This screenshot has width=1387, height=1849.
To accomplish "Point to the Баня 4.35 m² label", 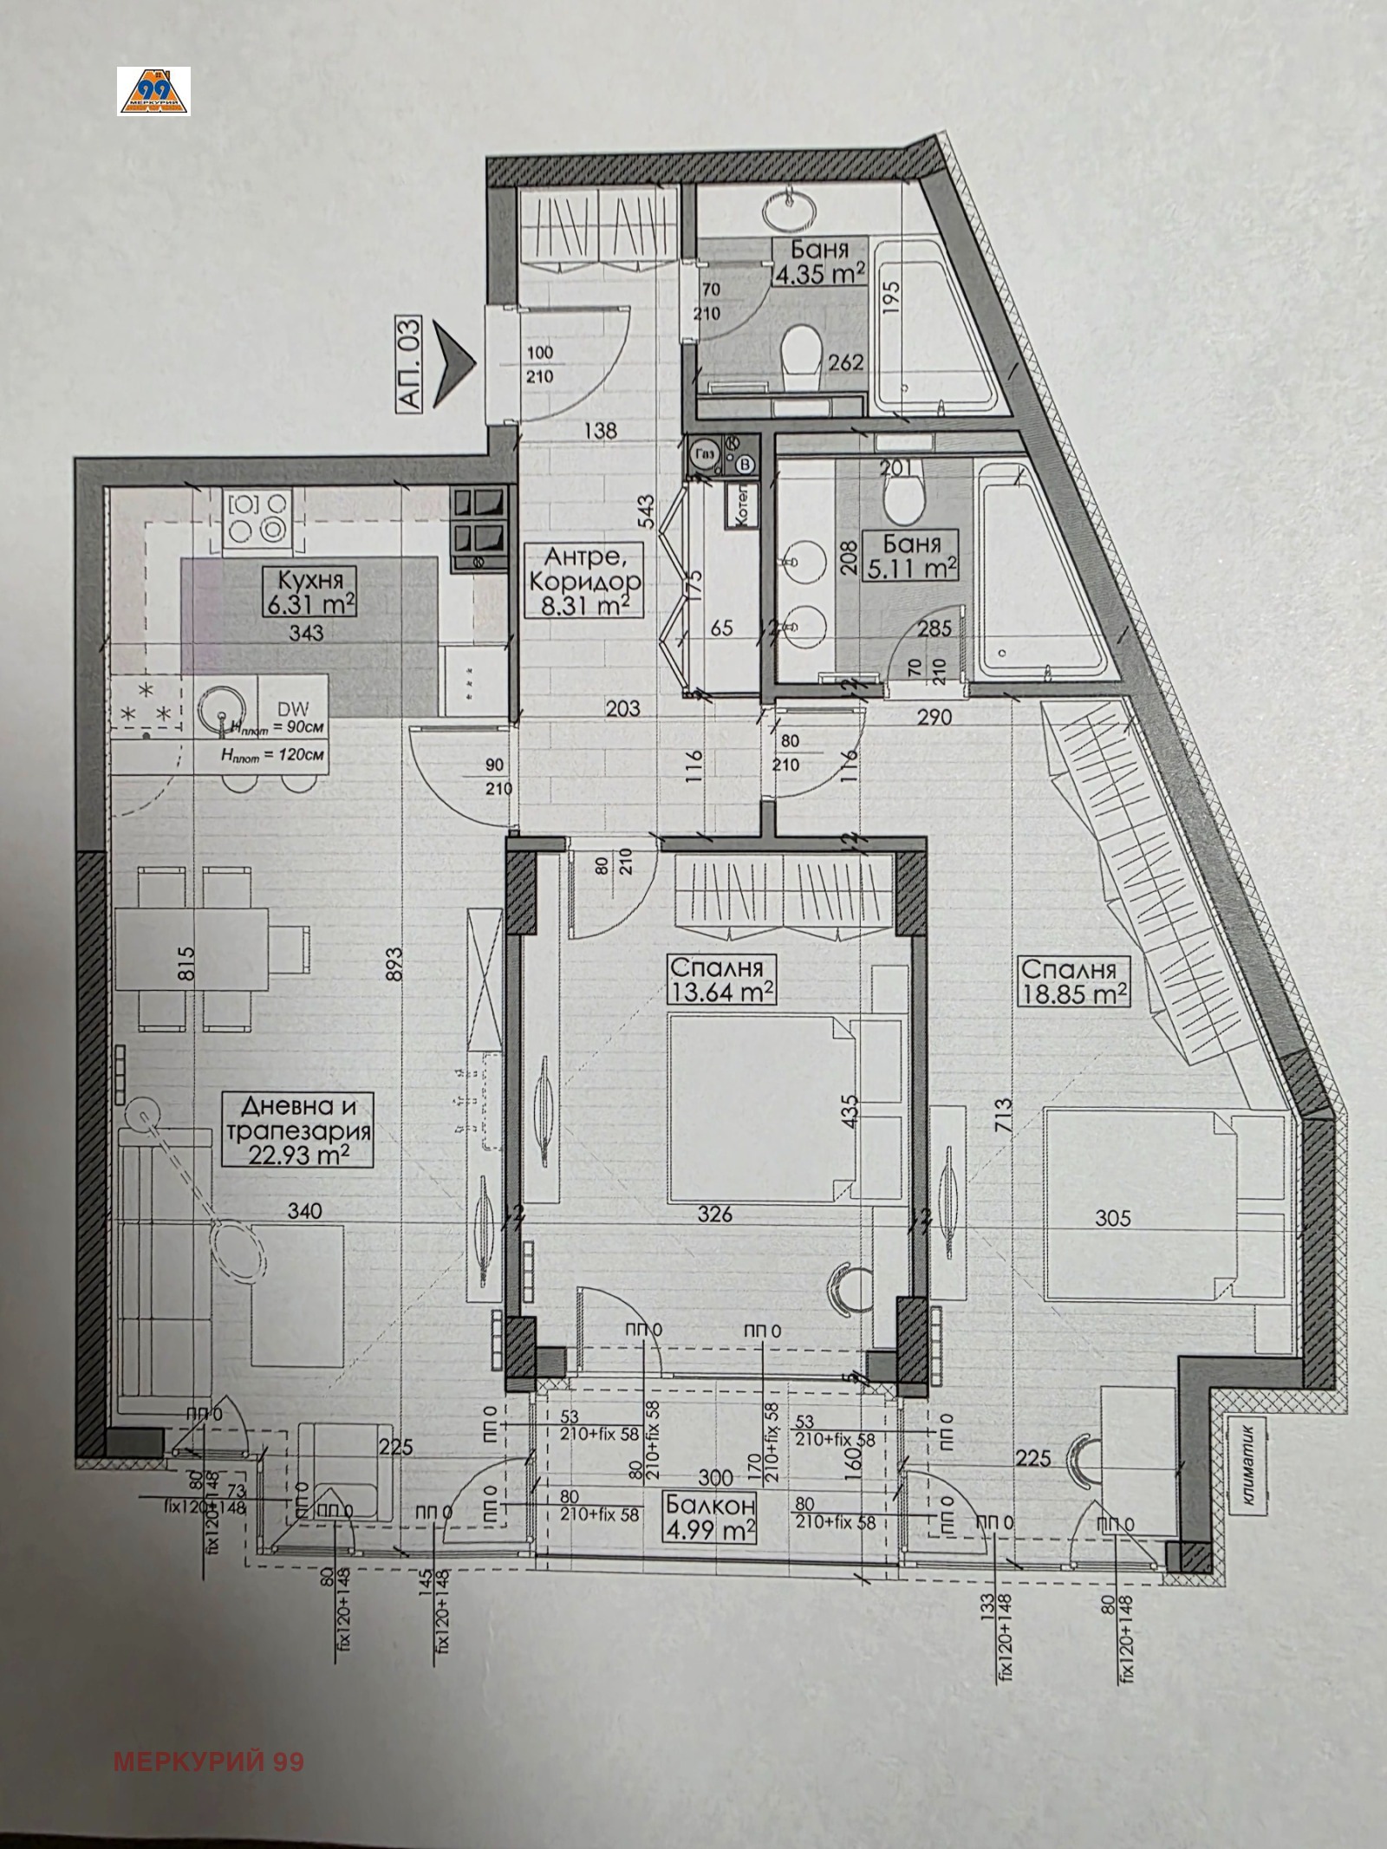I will tap(818, 263).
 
